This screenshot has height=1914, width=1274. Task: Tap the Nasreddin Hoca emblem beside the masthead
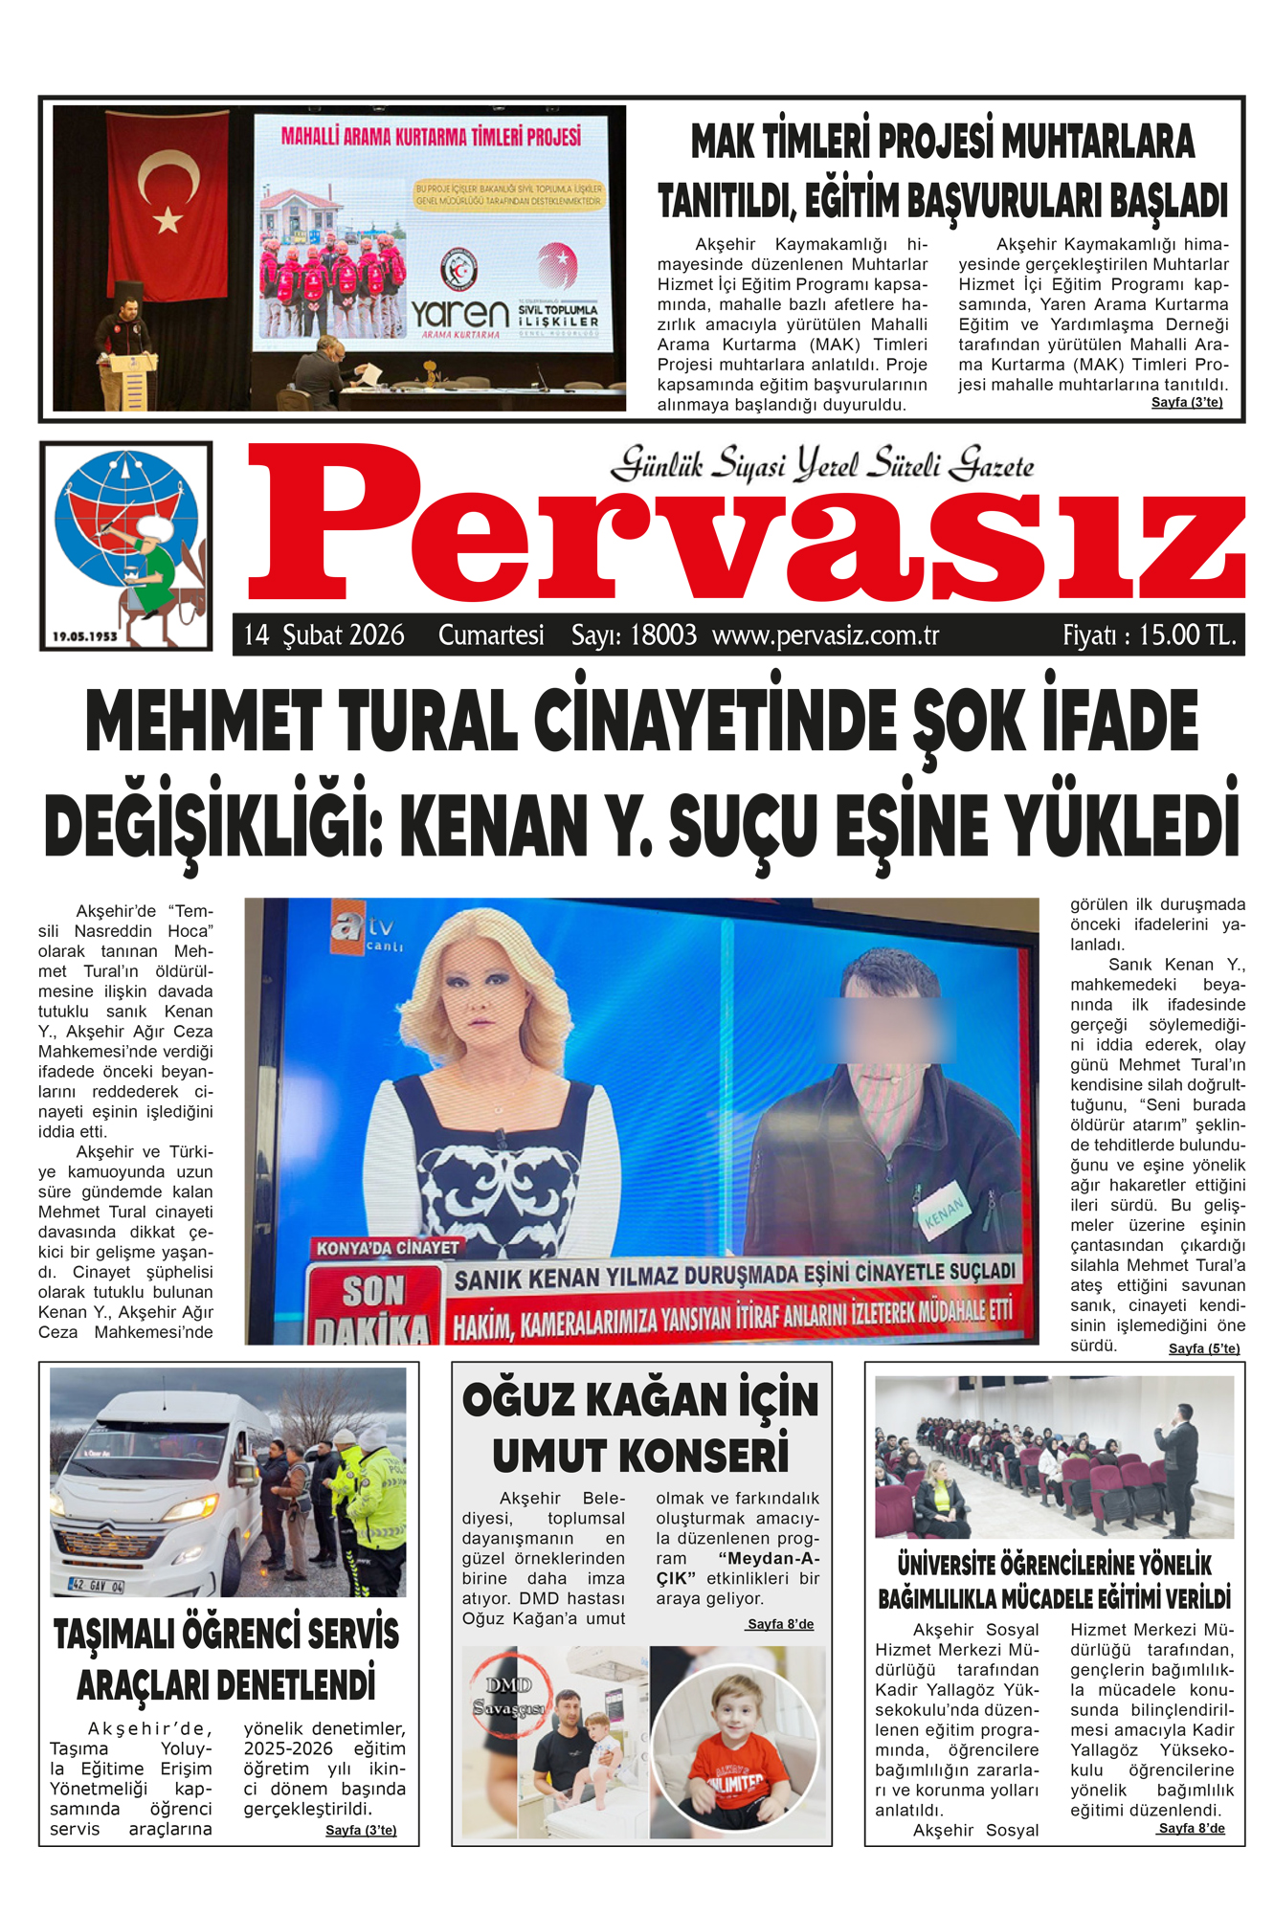pos(126,545)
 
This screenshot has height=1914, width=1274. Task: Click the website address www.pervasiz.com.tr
pos(825,635)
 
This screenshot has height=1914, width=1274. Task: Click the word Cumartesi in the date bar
pos(491,635)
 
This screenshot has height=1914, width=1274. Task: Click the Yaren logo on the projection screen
pos(459,314)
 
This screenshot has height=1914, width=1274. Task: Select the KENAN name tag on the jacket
pos(945,1213)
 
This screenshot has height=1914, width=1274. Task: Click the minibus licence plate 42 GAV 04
pos(96,1585)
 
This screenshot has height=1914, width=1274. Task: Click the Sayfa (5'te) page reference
pos(1203,1348)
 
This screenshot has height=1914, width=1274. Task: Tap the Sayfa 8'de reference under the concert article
pos(780,1624)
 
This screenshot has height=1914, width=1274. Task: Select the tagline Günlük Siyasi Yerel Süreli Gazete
pos(822,465)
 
